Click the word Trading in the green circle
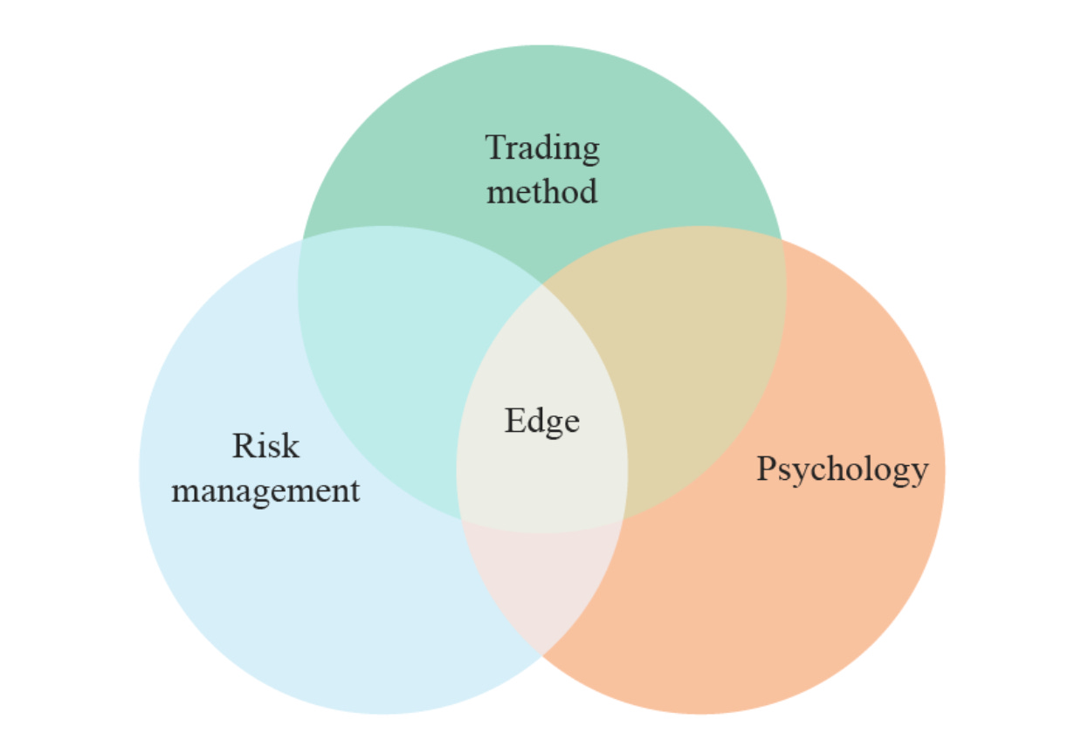[542, 148]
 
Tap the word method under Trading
[541, 191]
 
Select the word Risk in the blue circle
[265, 446]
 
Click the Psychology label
[842, 469]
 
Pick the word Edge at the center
[541, 421]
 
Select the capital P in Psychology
[766, 469]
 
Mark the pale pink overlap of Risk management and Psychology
[541, 585]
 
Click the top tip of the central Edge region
[541, 284]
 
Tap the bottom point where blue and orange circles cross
[542, 654]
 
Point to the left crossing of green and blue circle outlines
[301, 240]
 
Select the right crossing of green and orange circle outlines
[781, 240]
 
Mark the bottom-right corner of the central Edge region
[623, 519]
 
